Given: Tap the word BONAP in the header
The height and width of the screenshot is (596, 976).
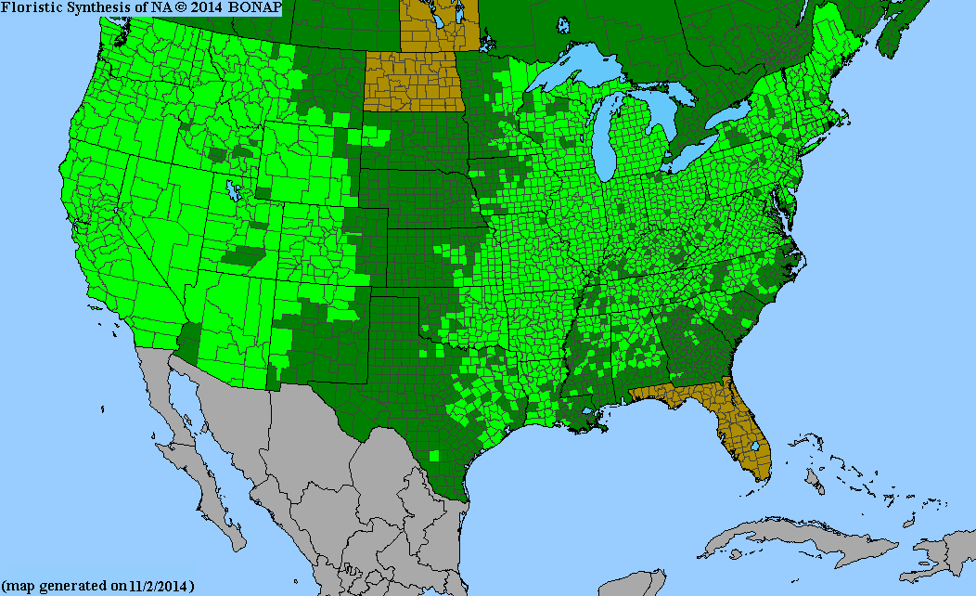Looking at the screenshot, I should pyautogui.click(x=253, y=7).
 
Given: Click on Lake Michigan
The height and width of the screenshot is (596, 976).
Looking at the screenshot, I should pyautogui.click(x=609, y=139).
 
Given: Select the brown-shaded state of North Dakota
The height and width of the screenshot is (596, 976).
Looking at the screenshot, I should pyautogui.click(x=412, y=82).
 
